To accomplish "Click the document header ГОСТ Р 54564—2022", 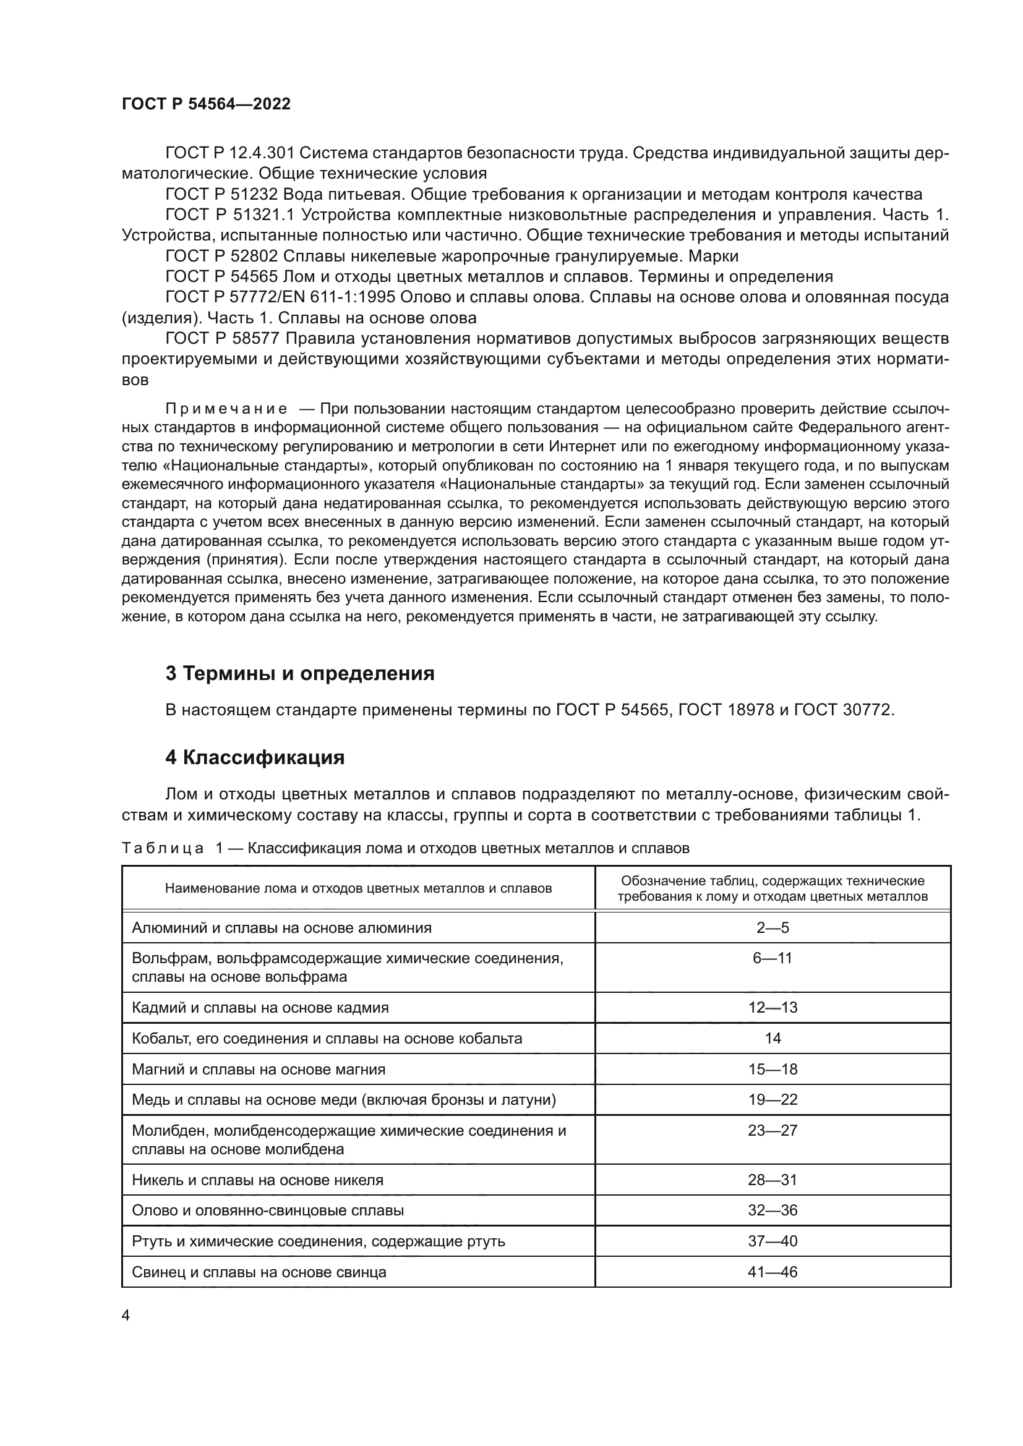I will point(206,104).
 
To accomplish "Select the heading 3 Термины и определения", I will point(300,673).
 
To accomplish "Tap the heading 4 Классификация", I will point(254,757).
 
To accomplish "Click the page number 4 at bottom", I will point(126,1315).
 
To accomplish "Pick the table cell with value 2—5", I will point(773,927).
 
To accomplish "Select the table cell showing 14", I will point(773,1038).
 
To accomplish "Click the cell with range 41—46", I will point(773,1272).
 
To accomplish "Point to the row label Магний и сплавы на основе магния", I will point(259,1069).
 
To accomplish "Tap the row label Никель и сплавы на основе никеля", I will point(257,1180).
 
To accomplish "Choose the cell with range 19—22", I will point(773,1099).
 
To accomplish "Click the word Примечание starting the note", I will point(226,409).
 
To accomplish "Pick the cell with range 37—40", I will point(773,1241).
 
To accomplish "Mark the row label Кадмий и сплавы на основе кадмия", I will point(260,1007).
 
